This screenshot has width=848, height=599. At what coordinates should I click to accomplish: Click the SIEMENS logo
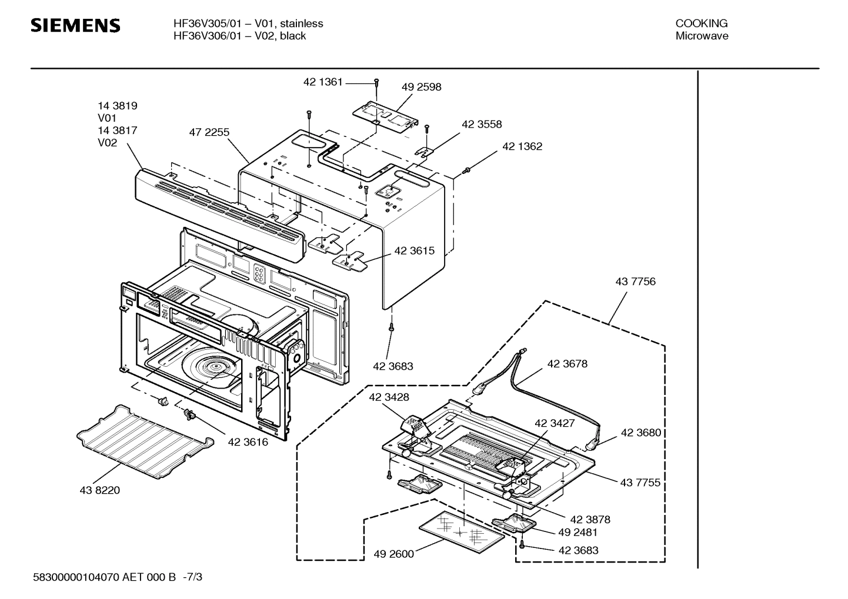coord(75,26)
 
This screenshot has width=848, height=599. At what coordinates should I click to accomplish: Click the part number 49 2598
coord(421,87)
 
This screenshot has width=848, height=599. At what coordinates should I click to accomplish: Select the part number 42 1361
coord(322,82)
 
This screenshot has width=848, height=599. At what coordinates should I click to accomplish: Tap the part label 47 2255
coord(209,133)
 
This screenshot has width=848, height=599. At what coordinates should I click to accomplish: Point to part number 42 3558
coord(482,125)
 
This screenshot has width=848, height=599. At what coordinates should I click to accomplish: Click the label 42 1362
coord(522,146)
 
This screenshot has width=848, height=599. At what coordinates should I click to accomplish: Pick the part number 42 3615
coord(414,251)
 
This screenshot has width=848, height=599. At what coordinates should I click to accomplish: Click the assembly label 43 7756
coord(635,282)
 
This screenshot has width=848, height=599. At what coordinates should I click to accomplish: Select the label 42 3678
coord(567,364)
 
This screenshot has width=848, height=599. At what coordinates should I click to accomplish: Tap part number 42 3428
coord(389,397)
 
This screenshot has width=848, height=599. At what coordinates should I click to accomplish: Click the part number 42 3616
coord(248,442)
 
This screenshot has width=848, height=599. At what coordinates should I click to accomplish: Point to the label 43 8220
coord(99,490)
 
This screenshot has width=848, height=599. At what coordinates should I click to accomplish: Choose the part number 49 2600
coord(393,554)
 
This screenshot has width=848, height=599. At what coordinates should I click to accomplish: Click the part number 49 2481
coord(577,533)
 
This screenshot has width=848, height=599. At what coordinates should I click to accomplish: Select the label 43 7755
coord(640,483)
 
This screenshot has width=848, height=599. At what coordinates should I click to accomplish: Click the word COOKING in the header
coord(701,24)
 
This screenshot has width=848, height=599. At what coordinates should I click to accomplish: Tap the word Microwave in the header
coord(701,36)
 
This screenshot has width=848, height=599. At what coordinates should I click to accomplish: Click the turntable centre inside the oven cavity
coord(217,368)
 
